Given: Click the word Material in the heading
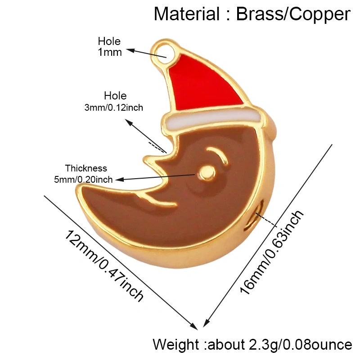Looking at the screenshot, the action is pos(187,14).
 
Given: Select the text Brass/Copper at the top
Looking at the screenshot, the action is pos(293,14).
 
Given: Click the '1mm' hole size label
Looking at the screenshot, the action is pos(110,52).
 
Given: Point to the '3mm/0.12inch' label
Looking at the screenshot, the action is pos(114,108).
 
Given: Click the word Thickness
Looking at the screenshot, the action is pos(86,168).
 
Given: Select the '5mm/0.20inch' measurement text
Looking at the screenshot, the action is pos(83,179).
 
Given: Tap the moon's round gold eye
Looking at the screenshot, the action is pos(207,172).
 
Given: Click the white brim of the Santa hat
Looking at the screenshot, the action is pos(213,119).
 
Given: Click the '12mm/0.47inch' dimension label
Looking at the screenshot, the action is pos(104,265).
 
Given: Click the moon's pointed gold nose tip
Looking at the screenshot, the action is pos(145,159).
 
